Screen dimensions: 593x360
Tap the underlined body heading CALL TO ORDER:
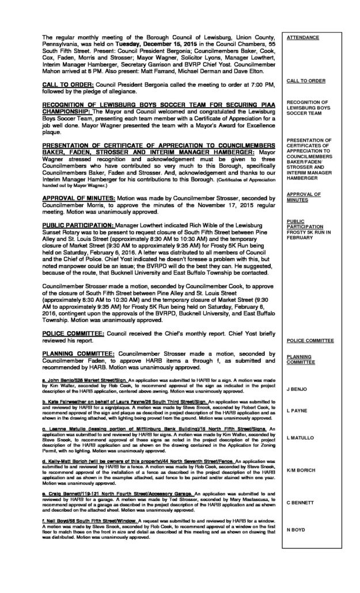pyautogui.click(x=65, y=85)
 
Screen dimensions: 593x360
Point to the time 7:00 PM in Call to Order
pyautogui.click(x=255, y=85)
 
